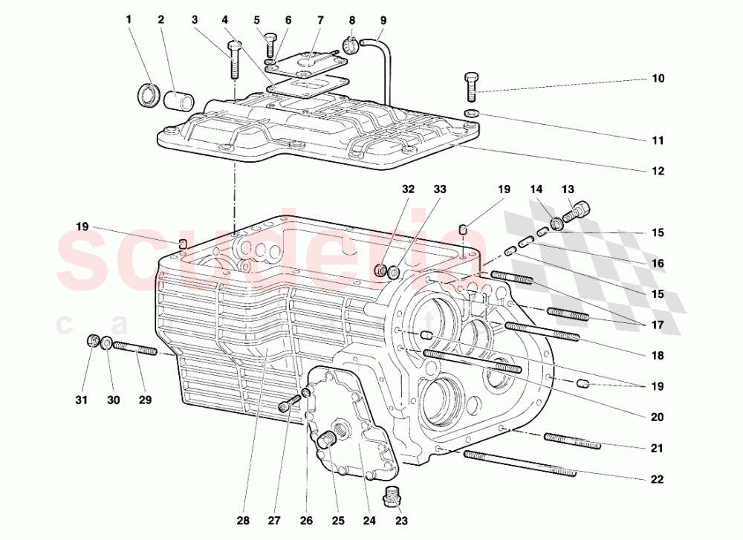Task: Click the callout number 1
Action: pyautogui.click(x=128, y=19)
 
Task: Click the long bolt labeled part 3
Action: pyautogui.click(x=235, y=60)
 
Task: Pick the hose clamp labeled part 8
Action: pyautogui.click(x=352, y=44)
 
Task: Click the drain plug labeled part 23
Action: pyautogui.click(x=394, y=495)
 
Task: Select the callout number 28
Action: pyautogui.click(x=244, y=520)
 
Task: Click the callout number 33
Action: pyautogui.click(x=440, y=189)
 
